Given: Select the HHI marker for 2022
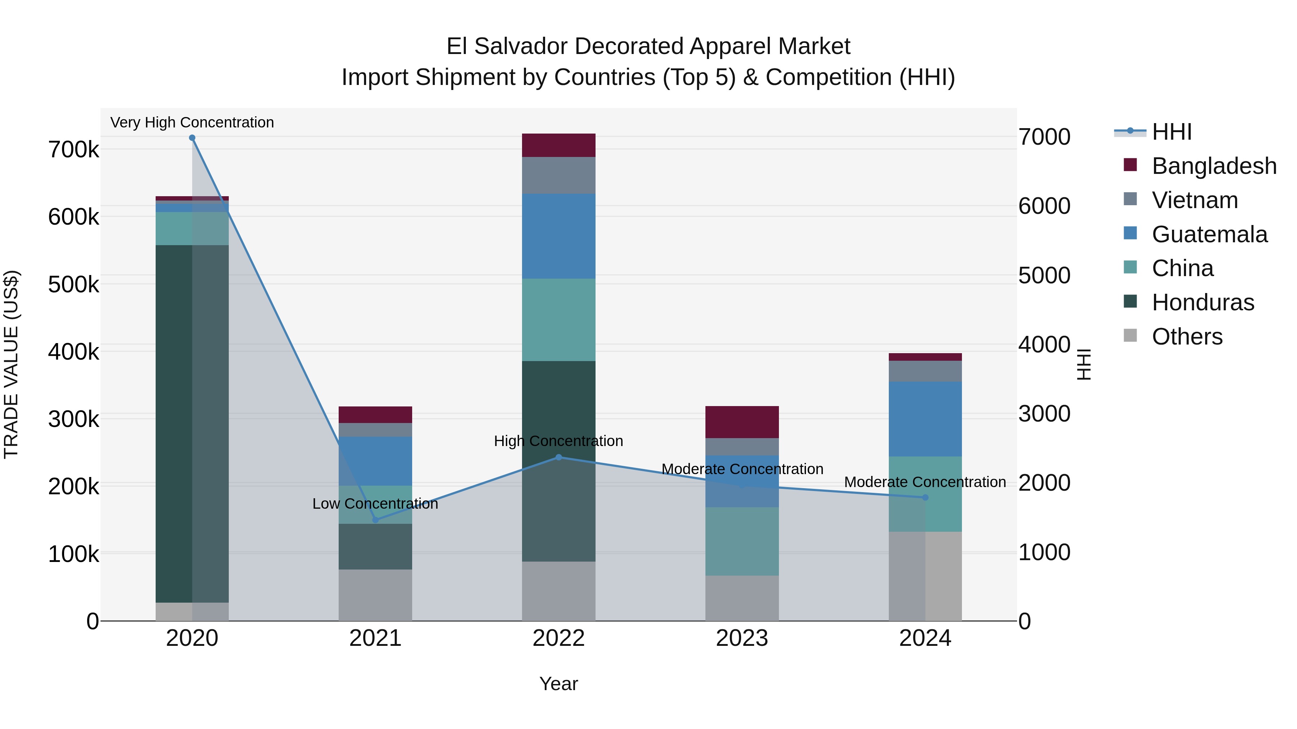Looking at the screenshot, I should click(558, 457).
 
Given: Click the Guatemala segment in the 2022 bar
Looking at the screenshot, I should click(558, 237).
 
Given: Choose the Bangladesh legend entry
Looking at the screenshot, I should click(1214, 166).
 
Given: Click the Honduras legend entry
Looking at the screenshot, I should click(1203, 302).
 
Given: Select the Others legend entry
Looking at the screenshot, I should click(1187, 337).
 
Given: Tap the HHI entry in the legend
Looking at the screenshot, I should click(1172, 132).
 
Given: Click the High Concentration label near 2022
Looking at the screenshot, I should click(558, 441).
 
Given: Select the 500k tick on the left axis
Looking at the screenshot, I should click(73, 285).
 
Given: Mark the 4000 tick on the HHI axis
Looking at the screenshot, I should click(1044, 345).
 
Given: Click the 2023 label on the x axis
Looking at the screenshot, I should click(742, 638).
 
